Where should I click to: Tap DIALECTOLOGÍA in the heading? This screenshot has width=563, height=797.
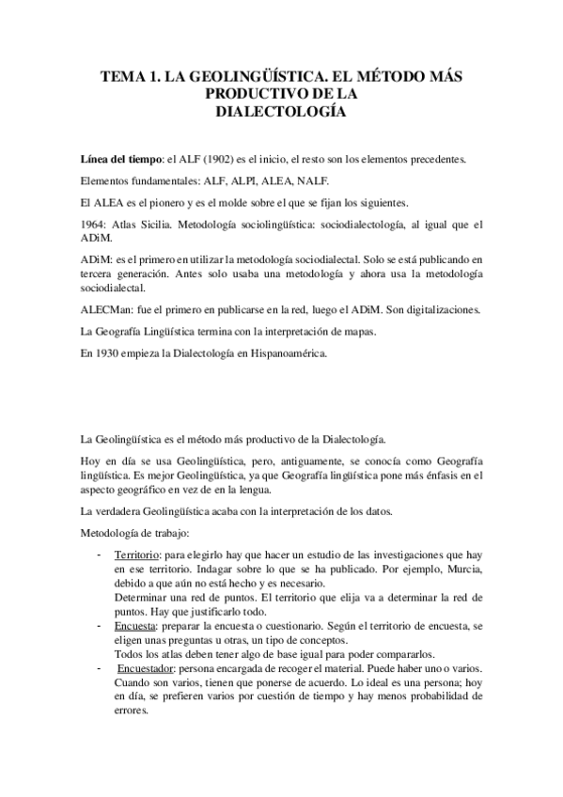[281, 112]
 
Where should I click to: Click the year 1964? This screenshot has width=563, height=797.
[96, 224]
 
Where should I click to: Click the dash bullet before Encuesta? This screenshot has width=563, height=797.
[101, 622]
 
